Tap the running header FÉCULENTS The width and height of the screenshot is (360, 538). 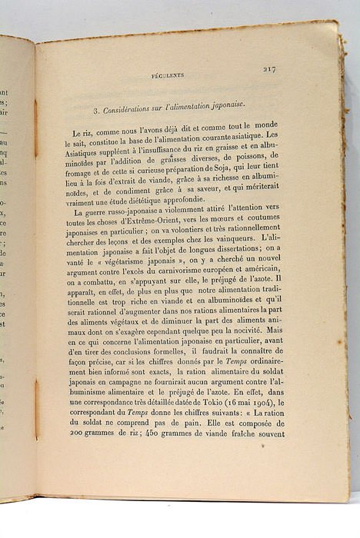[167, 75]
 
